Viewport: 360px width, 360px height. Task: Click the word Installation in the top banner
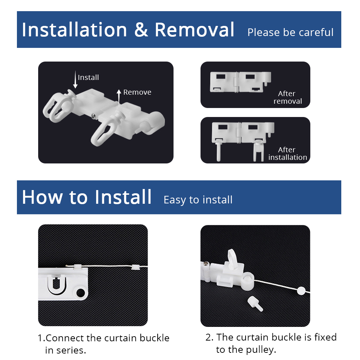click(x=75, y=30)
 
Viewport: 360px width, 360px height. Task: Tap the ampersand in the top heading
click(x=141, y=30)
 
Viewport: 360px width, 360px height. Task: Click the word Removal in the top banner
click(x=194, y=30)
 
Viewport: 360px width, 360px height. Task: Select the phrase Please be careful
click(x=291, y=32)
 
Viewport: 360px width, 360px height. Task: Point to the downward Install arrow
click(x=75, y=80)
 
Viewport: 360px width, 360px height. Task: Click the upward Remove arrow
click(x=119, y=98)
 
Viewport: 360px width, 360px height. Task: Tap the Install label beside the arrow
click(x=89, y=77)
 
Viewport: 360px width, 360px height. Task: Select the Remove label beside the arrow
click(x=137, y=92)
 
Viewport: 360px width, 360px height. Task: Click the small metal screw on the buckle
click(x=93, y=116)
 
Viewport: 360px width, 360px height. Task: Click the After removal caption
click(x=287, y=97)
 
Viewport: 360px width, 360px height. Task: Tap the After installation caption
click(x=287, y=153)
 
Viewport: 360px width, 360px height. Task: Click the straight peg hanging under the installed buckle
click(x=219, y=151)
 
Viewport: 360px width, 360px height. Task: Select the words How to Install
click(x=87, y=197)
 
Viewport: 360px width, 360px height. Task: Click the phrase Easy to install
click(x=198, y=200)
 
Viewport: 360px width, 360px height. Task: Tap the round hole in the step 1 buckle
click(x=81, y=293)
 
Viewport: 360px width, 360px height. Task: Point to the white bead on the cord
click(x=301, y=291)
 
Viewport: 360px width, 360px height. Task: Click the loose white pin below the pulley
click(x=255, y=304)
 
